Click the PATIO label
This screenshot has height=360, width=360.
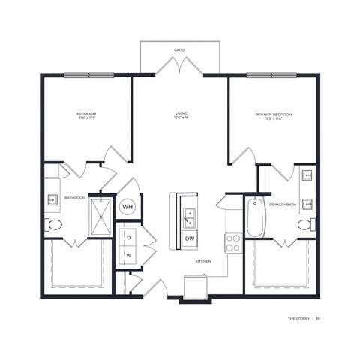[x=179, y=50]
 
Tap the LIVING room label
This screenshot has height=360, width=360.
[x=179, y=113]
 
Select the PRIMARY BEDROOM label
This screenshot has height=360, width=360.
[x=273, y=114]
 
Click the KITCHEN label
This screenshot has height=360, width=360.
[x=203, y=261]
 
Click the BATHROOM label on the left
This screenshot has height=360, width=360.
[x=75, y=198]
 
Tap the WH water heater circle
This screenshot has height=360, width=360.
[x=127, y=206]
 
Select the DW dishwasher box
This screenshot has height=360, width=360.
[x=189, y=238]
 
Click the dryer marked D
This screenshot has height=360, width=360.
[x=128, y=238]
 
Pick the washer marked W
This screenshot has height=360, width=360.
[x=128, y=255]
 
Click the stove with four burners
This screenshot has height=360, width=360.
[x=233, y=242]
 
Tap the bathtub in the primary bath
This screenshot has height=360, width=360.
[x=254, y=214]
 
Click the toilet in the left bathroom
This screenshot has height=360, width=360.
[x=53, y=225]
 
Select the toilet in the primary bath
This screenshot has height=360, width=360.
[x=305, y=224]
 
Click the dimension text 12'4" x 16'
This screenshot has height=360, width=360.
[x=179, y=119]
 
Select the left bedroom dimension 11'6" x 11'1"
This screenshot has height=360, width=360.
[x=86, y=119]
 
